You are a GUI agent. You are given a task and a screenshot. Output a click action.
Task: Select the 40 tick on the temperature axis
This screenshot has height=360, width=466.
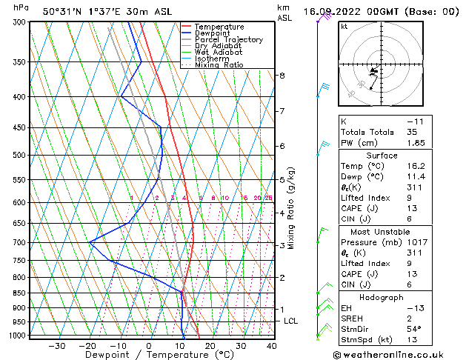(272, 346)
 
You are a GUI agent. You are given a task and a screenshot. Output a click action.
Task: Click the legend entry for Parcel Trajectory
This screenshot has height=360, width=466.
(228, 40)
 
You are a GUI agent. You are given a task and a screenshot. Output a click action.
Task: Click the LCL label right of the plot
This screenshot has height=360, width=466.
(291, 321)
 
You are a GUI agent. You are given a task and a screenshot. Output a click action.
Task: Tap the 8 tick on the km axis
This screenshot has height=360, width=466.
(282, 76)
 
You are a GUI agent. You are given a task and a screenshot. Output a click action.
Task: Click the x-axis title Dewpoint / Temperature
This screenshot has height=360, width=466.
(150, 356)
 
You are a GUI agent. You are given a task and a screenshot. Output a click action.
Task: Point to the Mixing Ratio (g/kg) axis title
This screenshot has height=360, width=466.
(292, 208)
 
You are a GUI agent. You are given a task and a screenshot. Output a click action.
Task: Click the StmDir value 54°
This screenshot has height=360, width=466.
(414, 329)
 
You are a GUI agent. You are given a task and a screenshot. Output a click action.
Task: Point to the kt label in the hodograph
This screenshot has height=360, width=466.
(344, 27)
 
